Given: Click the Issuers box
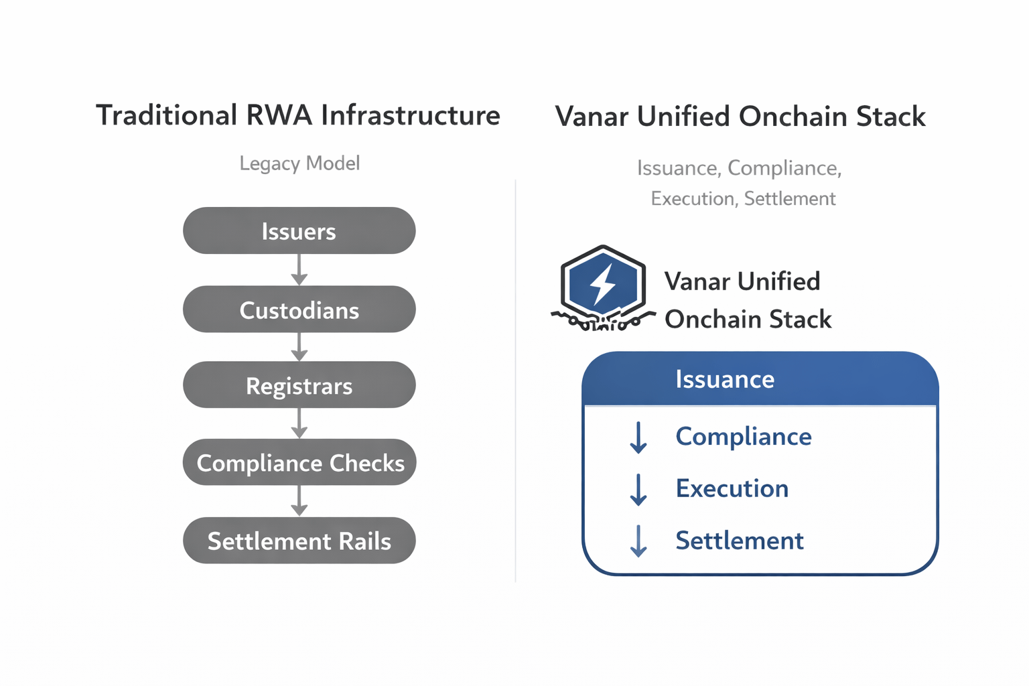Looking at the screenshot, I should click(299, 231).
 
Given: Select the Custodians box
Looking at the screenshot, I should click(299, 310).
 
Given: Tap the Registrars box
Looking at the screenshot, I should click(299, 385).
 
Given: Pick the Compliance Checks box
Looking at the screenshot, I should click(299, 462).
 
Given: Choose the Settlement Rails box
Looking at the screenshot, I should click(299, 541).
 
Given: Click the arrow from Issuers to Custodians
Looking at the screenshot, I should click(299, 270).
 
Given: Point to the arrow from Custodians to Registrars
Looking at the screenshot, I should click(299, 347).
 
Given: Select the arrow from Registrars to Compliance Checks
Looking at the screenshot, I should click(299, 423).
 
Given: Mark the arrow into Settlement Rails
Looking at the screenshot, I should click(299, 501).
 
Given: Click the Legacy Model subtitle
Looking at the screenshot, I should click(299, 163).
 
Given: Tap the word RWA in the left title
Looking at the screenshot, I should click(279, 115).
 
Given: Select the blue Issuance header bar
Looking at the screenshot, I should click(760, 379).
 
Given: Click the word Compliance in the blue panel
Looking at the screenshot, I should click(743, 437).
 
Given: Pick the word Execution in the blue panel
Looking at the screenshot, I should click(732, 488).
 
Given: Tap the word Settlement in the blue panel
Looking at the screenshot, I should click(739, 541).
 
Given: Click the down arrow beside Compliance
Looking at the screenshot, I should click(638, 438).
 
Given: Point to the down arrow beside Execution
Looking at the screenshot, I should click(638, 490).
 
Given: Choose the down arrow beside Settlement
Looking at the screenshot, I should click(638, 541).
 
